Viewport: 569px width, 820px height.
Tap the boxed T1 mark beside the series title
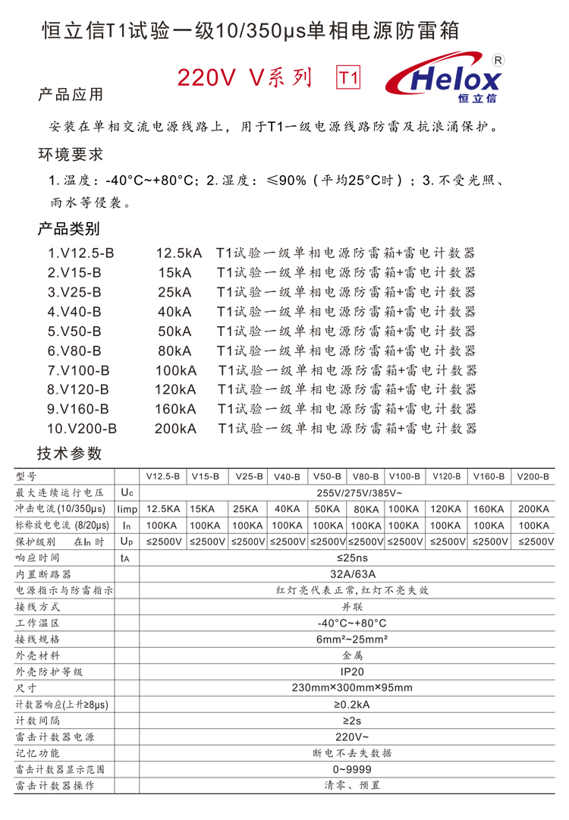tap(347, 77)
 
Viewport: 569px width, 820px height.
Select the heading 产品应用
tap(70, 95)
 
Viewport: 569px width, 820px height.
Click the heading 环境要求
tap(70, 155)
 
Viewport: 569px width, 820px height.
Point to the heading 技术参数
tap(69, 454)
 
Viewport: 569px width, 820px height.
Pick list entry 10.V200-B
tap(82, 429)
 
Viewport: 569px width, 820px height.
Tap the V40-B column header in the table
tap(287, 476)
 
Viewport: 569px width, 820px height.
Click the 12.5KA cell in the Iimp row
tap(162, 509)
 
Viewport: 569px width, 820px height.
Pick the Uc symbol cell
tap(127, 492)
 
